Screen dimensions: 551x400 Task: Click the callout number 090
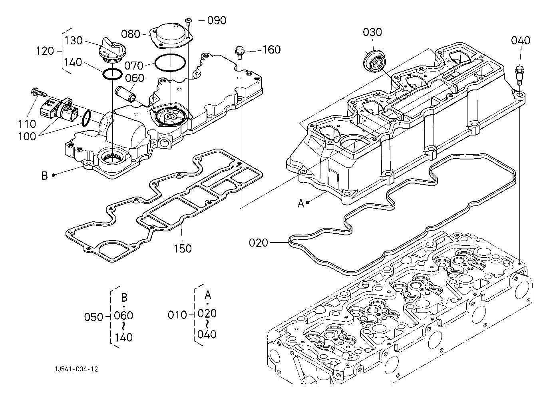pyautogui.click(x=217, y=20)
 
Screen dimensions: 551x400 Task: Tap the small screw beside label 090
pyautogui.click(x=189, y=22)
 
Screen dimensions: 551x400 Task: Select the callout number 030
pyautogui.click(x=372, y=32)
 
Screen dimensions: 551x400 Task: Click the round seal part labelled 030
pyautogui.click(x=374, y=61)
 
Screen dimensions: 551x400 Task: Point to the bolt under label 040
pyautogui.click(x=519, y=76)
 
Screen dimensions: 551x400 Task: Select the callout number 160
pyautogui.click(x=272, y=50)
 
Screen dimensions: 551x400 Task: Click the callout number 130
pyautogui.click(x=73, y=41)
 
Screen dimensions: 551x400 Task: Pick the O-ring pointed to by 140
pyautogui.click(x=112, y=74)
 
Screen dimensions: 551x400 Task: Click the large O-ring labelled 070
pyautogui.click(x=170, y=62)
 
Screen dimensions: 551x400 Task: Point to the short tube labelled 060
pyautogui.click(x=125, y=94)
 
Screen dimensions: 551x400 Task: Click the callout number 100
pyautogui.click(x=27, y=137)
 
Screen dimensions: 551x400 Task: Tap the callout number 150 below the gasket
pyautogui.click(x=183, y=249)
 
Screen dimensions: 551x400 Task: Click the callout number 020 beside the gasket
pyautogui.click(x=258, y=243)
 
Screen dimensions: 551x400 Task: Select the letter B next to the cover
pyautogui.click(x=44, y=176)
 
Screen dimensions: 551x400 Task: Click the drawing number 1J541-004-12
pyautogui.click(x=76, y=369)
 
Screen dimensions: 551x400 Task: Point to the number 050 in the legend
pyautogui.click(x=94, y=317)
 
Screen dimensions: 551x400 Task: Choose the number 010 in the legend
pyautogui.click(x=177, y=315)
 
